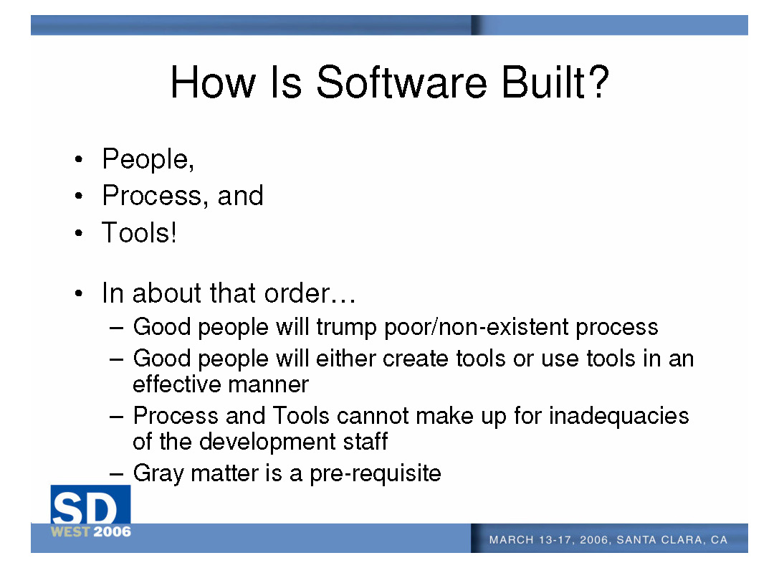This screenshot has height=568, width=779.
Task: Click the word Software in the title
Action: [x=402, y=82]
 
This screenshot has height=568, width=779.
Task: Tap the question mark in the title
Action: [x=600, y=82]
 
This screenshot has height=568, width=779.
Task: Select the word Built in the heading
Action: [x=543, y=82]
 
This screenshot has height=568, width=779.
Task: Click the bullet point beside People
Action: [x=79, y=160]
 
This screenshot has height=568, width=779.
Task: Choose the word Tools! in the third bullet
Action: [x=139, y=232]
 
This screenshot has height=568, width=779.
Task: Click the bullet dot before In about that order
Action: [x=79, y=293]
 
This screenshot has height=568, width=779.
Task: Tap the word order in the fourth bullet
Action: [x=297, y=293]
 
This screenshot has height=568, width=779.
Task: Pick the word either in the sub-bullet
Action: [x=345, y=358]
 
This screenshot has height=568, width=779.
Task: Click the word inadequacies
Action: [x=618, y=416]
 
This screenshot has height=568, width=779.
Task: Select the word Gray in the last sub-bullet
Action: [x=158, y=473]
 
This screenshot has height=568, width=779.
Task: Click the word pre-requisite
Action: [x=375, y=473]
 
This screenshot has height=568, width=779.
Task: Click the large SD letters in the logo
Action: [x=84, y=508]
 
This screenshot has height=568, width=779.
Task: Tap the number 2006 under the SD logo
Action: [x=113, y=531]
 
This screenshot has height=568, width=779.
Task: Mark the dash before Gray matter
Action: [x=116, y=473]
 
